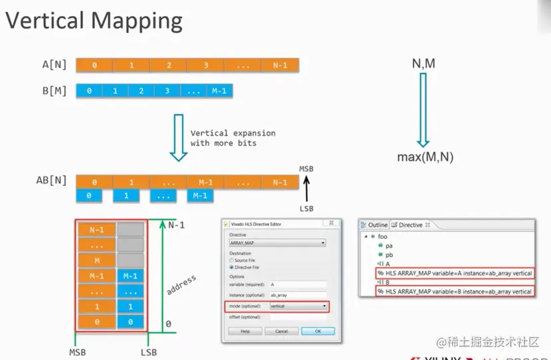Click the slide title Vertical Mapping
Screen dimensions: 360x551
click(94, 21)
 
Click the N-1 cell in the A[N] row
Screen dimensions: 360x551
click(279, 65)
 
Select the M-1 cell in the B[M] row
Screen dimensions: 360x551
click(219, 90)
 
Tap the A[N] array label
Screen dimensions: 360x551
click(54, 65)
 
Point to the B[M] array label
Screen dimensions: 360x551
click(54, 90)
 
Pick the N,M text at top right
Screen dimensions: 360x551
click(424, 64)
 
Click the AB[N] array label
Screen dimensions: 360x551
click(52, 181)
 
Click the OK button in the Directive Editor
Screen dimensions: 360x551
click(317, 331)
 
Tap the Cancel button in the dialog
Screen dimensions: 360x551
click(281, 331)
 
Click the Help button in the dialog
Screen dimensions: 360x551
click(245, 331)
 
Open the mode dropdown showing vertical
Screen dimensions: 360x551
click(299, 306)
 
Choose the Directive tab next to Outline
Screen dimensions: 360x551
click(407, 225)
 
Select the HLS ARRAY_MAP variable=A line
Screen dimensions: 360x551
click(455, 273)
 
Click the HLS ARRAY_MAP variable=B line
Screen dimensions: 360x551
click(455, 291)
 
